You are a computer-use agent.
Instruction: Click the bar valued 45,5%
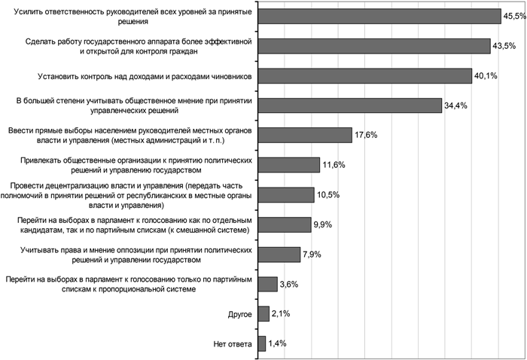[379, 17]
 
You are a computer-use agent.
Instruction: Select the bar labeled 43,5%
[374, 46]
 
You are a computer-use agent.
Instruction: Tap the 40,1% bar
[365, 75]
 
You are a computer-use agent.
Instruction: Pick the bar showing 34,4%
[349, 105]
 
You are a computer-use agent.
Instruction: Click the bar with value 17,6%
[305, 135]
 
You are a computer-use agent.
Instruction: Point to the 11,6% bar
[289, 164]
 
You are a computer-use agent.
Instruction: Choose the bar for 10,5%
[286, 194]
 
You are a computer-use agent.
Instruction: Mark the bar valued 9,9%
[285, 224]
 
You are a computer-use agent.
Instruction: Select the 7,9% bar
[279, 254]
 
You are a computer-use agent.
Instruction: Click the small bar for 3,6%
[268, 283]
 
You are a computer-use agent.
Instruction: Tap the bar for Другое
[263, 313]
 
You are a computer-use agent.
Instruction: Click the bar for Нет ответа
[262, 343]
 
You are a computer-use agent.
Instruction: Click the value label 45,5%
[514, 17]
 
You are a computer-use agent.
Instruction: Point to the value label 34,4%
[455, 105]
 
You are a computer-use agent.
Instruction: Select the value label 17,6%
[366, 135]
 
